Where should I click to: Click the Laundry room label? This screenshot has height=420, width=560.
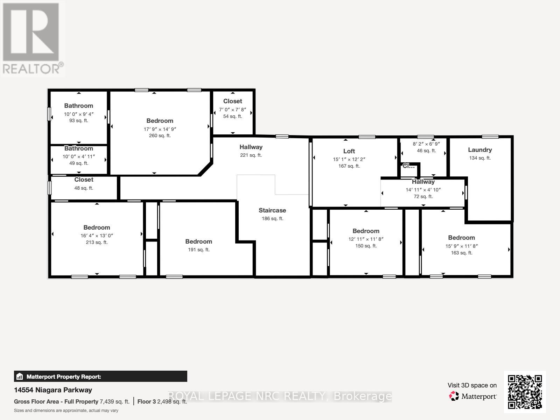[480, 150]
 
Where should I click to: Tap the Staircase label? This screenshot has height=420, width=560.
[272, 210]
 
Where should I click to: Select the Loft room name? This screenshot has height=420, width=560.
[349, 151]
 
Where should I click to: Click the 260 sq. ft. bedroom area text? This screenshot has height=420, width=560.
[160, 136]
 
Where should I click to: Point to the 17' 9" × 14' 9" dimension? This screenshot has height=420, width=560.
[160, 129]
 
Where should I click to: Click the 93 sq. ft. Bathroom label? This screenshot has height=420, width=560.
[78, 106]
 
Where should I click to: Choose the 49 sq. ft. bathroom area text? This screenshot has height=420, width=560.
[78, 163]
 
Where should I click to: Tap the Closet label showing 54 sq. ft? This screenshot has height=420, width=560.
[232, 101]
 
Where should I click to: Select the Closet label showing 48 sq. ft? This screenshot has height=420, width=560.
[84, 180]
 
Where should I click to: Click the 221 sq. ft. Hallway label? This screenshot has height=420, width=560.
[251, 147]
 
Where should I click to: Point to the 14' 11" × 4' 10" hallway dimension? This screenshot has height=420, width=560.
[423, 190]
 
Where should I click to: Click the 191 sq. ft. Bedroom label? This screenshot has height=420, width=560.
[198, 241]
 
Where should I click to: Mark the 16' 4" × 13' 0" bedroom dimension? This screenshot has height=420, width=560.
[97, 236]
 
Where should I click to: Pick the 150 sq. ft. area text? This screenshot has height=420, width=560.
[366, 246]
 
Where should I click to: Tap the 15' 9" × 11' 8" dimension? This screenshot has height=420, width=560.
[461, 246]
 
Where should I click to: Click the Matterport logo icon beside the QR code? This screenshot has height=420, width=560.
[454, 396]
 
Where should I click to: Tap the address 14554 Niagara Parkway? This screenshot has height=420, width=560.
[53, 390]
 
